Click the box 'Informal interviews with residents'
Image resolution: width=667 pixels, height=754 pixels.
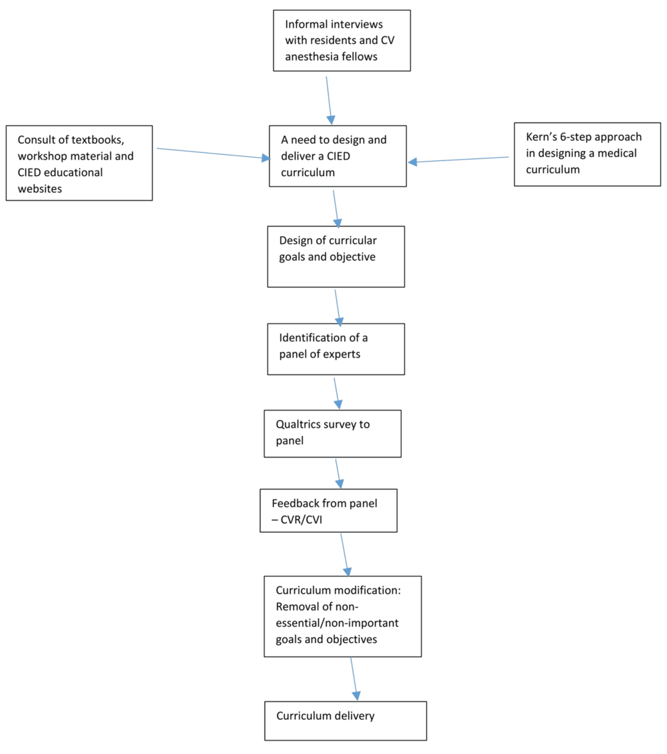pos(342,41)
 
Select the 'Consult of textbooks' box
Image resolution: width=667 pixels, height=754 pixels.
pos(79,162)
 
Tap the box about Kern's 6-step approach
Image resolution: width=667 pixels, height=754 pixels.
pos(587,154)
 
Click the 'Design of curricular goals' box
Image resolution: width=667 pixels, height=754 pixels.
pos(336,257)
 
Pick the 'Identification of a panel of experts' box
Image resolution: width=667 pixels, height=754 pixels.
pos(336,349)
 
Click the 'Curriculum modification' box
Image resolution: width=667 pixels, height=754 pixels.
pos(342,616)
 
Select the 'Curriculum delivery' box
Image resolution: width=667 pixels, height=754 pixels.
pos(346,721)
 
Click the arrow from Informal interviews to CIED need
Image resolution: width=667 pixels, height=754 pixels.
pos(329,100)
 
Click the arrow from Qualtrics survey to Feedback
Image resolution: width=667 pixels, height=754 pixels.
pos(338,474)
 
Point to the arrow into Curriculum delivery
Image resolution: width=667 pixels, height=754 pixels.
pos(354,678)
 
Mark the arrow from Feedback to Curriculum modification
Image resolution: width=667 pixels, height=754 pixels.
pos(346,554)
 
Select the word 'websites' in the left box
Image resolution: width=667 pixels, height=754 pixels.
pos(40,189)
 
